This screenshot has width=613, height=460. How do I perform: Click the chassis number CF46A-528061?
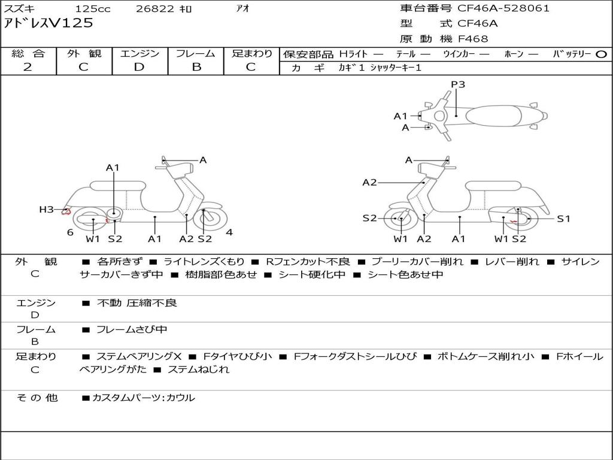[x=503, y=8]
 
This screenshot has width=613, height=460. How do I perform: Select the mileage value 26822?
[x=155, y=9]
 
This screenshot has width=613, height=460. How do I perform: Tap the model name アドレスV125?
[x=48, y=23]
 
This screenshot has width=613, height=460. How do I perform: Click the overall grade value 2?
[x=28, y=67]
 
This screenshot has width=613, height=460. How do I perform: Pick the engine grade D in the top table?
[x=139, y=67]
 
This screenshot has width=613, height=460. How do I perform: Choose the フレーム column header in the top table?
[x=195, y=54]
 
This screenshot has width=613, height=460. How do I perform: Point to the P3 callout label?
[x=458, y=84]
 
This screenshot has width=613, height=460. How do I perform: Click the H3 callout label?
[x=47, y=209]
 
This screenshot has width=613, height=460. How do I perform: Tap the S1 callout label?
[x=564, y=219]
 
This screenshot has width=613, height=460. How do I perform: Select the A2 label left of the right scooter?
[x=369, y=182]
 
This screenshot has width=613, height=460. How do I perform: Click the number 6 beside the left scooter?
[x=70, y=232]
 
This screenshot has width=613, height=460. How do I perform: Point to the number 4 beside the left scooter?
[x=229, y=232]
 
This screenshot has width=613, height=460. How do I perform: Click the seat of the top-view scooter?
[x=494, y=116]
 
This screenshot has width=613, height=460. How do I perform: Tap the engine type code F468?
[x=473, y=39]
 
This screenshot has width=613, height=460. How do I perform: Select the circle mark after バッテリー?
[x=602, y=54]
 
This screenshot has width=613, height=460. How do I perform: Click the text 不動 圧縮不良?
[x=137, y=303]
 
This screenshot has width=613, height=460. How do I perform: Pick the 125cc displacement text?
[x=93, y=9]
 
